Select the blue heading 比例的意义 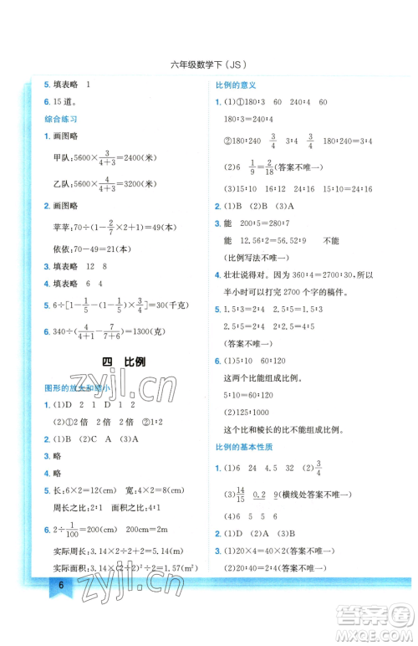click(235, 85)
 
